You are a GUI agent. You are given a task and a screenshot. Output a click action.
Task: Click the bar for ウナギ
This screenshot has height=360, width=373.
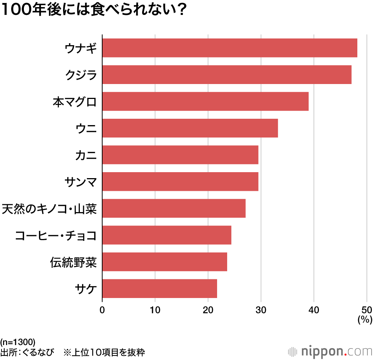click(x=229, y=48)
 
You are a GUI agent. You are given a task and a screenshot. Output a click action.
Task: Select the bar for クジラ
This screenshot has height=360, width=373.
click(x=227, y=75)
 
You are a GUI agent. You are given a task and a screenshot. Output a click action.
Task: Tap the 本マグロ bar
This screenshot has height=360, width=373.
click(x=205, y=101)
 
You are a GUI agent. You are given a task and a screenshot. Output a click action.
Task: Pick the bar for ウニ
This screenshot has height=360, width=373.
click(x=190, y=128)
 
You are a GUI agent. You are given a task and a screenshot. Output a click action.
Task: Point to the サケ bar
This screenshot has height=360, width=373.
click(x=159, y=288)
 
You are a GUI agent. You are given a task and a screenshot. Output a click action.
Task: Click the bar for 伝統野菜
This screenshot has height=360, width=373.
click(x=164, y=262)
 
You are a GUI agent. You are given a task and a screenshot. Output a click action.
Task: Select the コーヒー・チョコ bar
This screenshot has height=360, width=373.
click(x=166, y=235)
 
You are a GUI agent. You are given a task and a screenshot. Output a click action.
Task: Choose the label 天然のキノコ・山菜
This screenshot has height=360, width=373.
click(x=49, y=208)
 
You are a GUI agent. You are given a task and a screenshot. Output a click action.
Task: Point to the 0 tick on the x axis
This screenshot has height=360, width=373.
click(x=102, y=310)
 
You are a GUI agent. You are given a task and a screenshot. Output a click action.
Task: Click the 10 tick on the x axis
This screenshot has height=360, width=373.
click(x=155, y=310)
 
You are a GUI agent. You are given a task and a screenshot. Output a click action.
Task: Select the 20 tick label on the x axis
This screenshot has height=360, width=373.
click(x=208, y=310)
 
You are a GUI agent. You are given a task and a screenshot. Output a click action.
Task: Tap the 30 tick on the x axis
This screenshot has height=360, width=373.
click(x=261, y=310)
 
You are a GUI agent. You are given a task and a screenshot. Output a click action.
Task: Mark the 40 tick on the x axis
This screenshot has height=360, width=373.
click(x=314, y=310)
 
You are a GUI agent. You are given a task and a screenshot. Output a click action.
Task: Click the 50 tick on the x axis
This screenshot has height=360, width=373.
click(x=366, y=310)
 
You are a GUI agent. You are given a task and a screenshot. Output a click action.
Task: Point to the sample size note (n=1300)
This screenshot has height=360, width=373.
click(x=18, y=342)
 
